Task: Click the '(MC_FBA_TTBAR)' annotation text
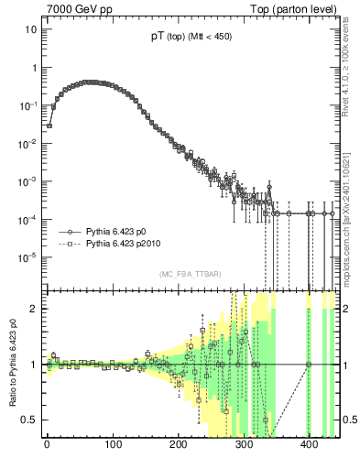[x=191, y=275]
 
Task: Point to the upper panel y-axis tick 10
[x=31, y=29]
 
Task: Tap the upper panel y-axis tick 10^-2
[x=27, y=143]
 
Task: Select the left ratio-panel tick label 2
[x=34, y=308]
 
